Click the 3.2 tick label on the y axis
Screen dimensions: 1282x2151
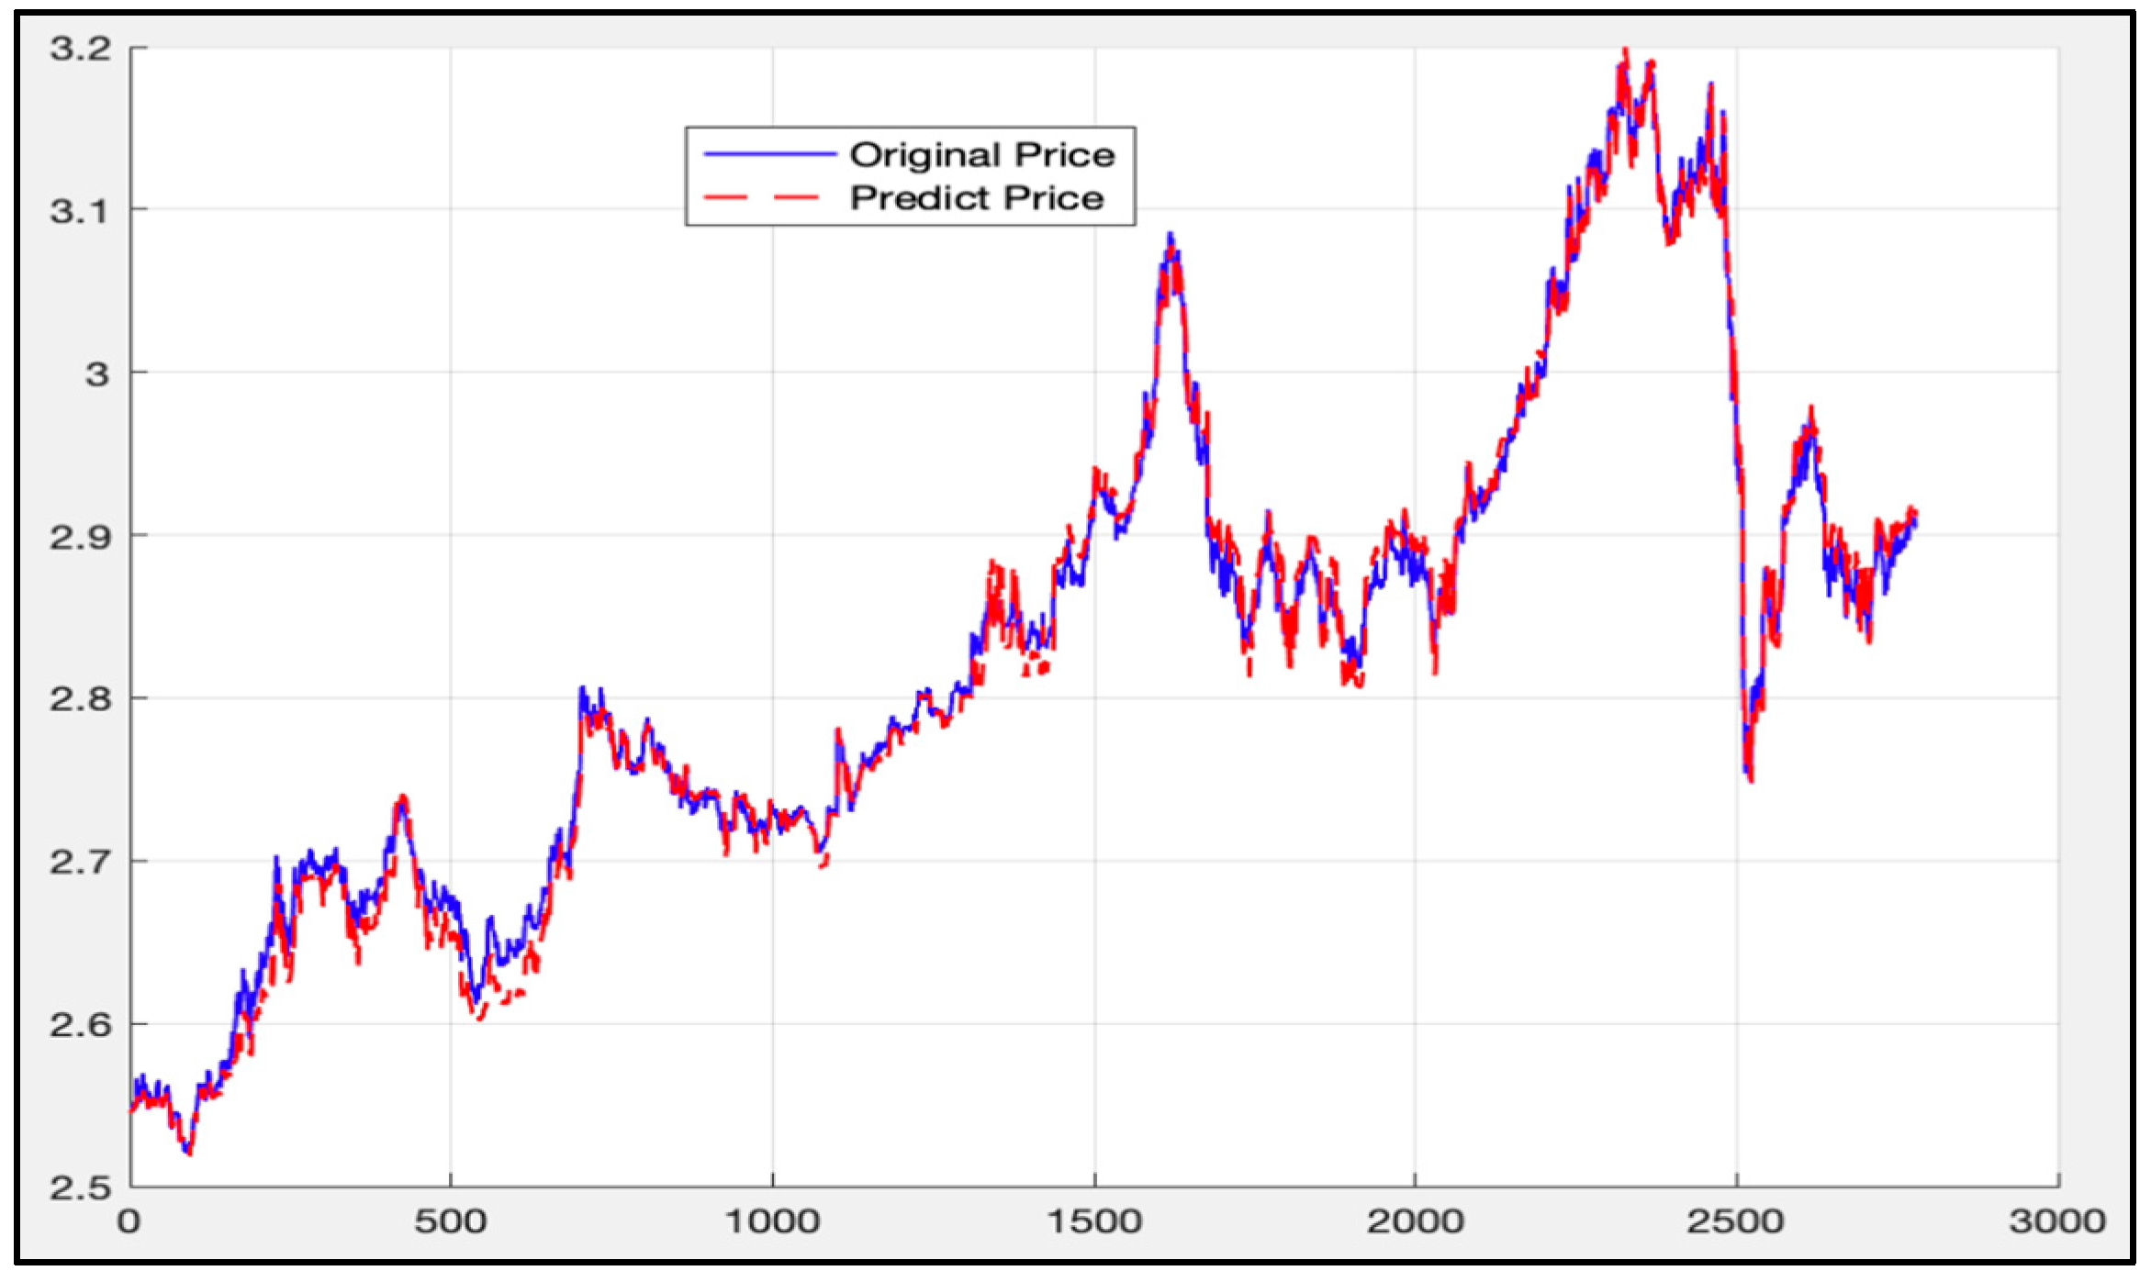[x=81, y=49]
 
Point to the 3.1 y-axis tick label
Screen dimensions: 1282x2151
[x=81, y=211]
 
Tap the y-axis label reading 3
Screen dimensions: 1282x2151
[x=97, y=373]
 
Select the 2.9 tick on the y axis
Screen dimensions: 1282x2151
[x=81, y=537]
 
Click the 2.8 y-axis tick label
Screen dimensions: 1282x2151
[x=81, y=699]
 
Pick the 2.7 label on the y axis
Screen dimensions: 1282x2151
[x=81, y=862]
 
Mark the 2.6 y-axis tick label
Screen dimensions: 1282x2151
[x=81, y=1025]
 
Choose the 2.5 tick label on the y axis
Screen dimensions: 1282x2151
[x=81, y=1188]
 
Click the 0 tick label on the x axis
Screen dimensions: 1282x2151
[x=129, y=1221]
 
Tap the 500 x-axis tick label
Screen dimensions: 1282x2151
[x=450, y=1221]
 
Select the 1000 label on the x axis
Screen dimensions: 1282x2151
[x=772, y=1221]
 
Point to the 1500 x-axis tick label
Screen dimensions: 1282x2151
[x=1094, y=1221]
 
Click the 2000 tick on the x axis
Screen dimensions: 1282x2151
[x=1415, y=1221]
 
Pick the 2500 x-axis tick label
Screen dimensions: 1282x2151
[x=1735, y=1221]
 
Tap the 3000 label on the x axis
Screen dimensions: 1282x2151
[x=2057, y=1221]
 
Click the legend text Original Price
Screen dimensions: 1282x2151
[x=981, y=155]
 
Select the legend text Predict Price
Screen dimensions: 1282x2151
[x=976, y=198]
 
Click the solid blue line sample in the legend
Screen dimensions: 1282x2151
[x=768, y=154]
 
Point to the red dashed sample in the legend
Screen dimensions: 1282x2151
[x=761, y=197]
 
